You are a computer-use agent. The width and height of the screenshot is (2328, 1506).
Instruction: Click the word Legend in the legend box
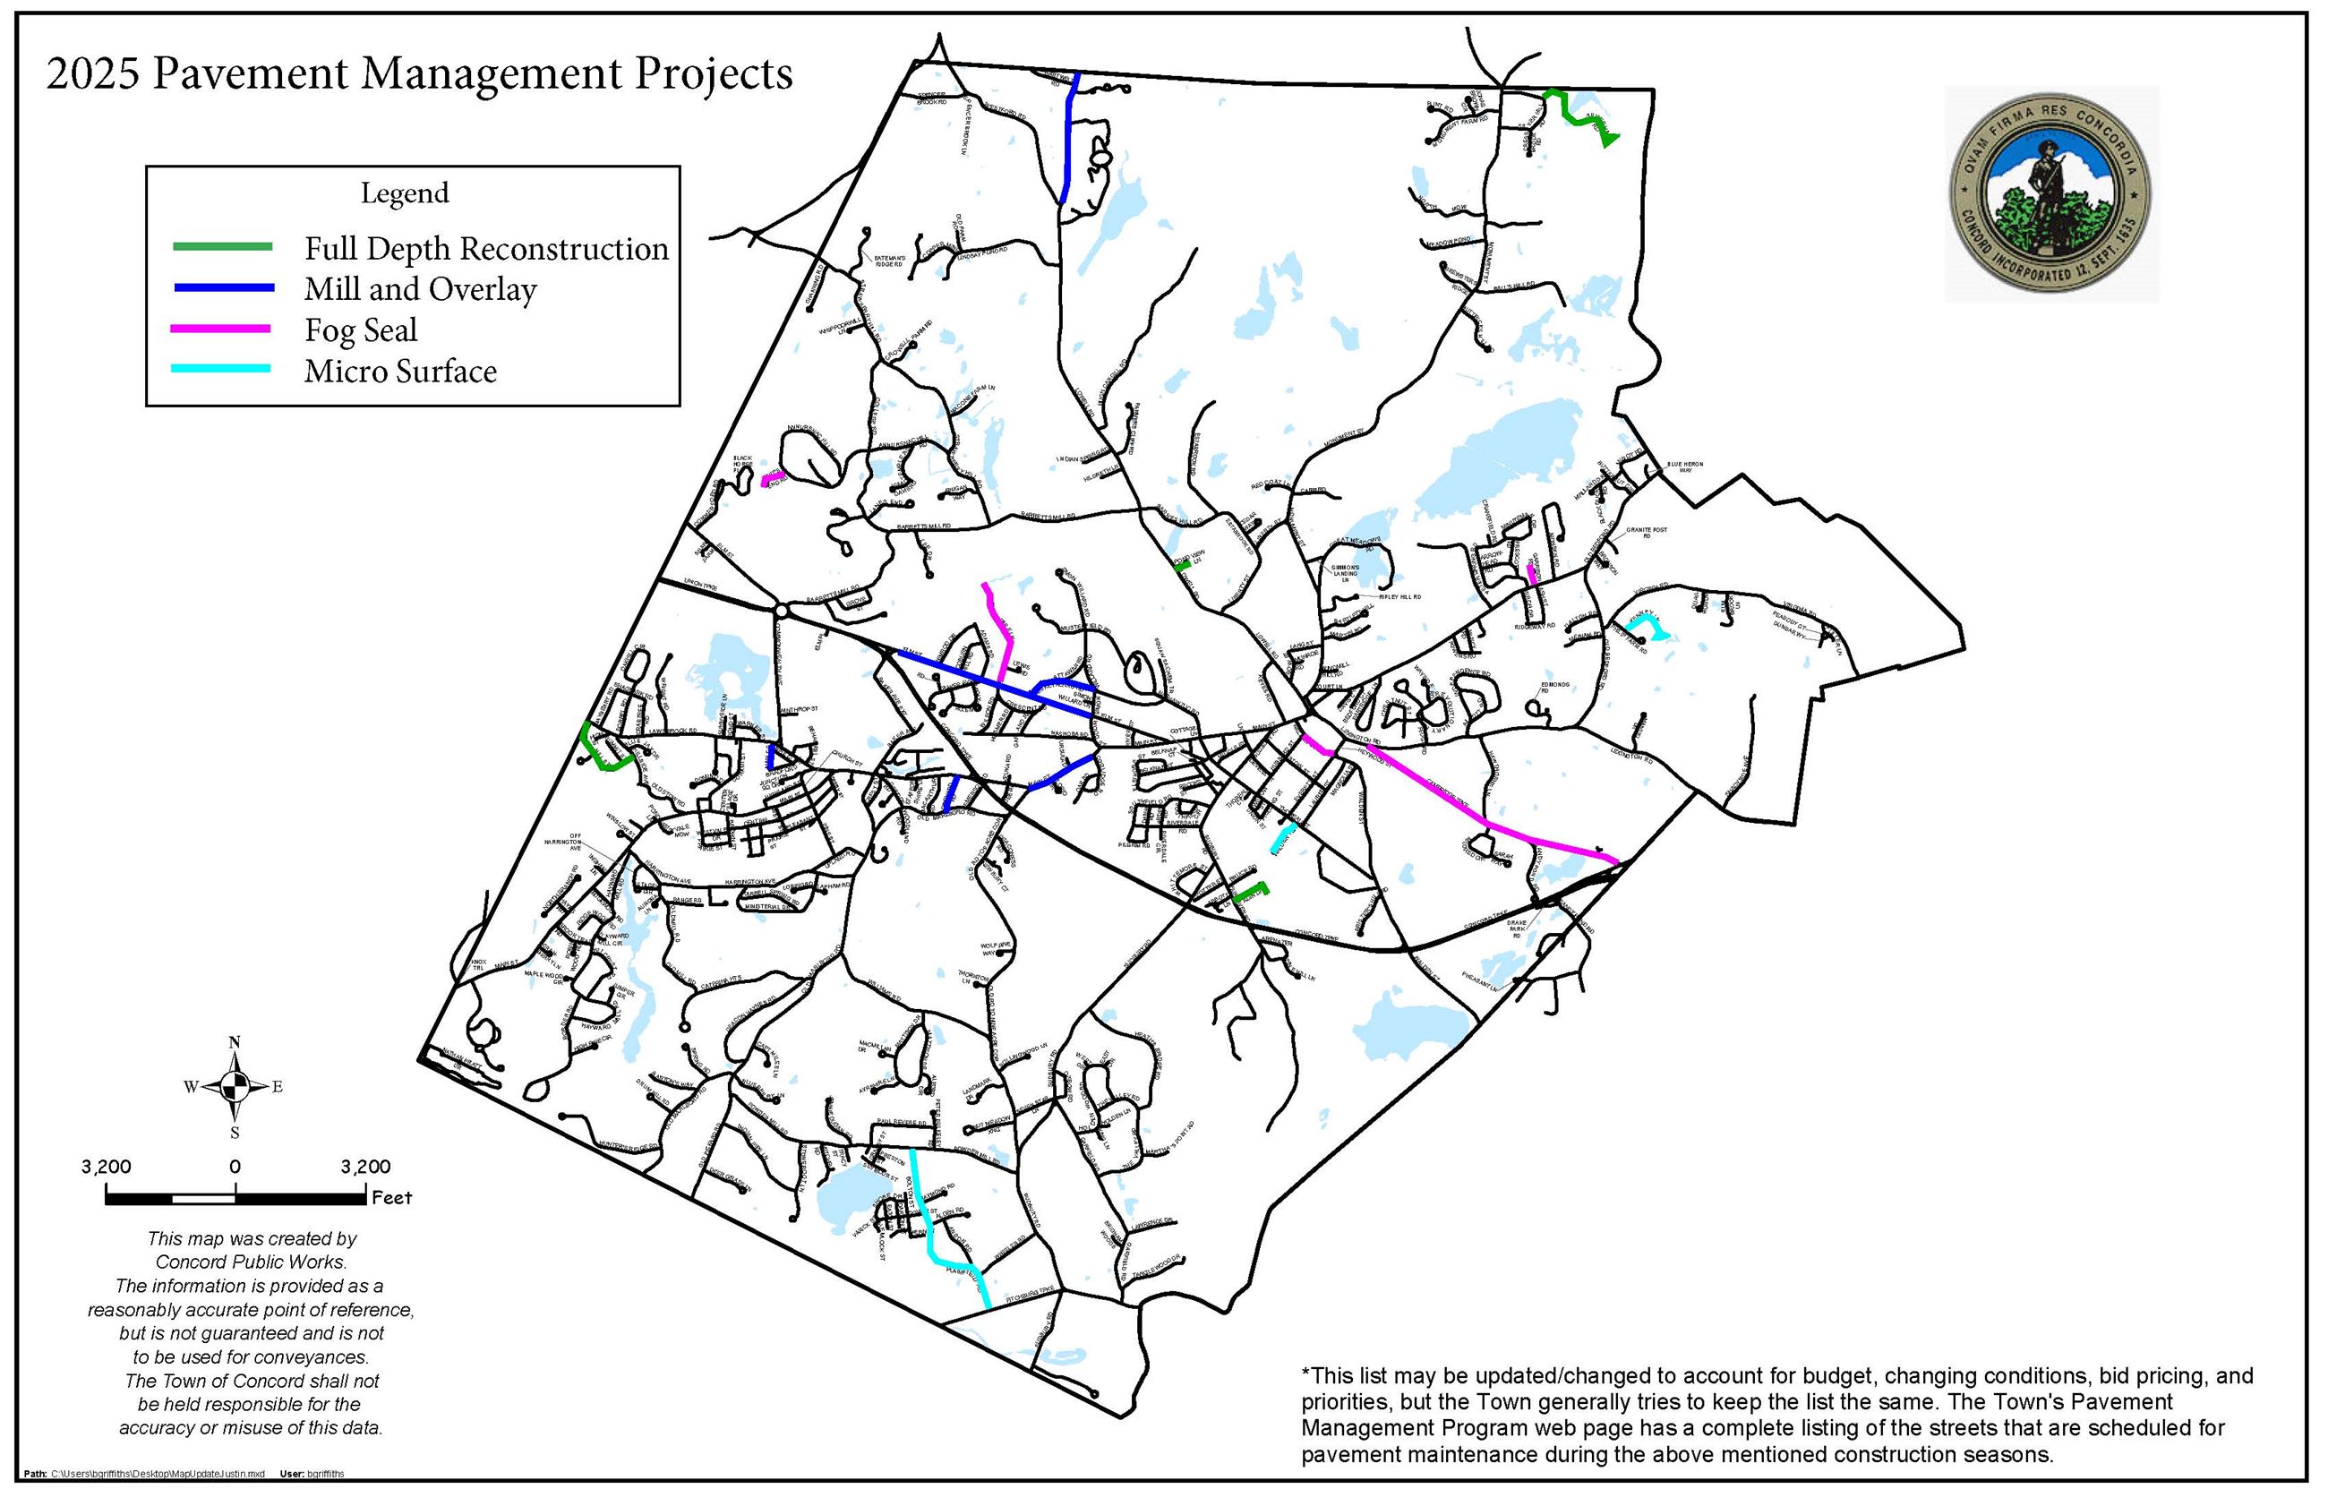point(405,193)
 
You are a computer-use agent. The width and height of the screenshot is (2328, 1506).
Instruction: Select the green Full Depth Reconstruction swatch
point(222,246)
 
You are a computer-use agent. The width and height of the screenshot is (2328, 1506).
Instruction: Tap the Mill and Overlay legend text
point(421,289)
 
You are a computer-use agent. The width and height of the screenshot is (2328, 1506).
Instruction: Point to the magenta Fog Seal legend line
point(222,329)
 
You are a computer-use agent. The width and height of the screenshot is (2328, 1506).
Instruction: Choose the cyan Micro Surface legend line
point(222,370)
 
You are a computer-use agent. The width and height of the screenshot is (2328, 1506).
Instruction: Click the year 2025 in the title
point(93,74)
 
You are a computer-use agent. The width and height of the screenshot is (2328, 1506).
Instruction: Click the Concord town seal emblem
point(2050,193)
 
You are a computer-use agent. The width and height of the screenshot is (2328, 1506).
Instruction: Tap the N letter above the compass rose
point(235,1041)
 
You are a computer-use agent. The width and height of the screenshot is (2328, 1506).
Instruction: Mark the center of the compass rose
point(235,1085)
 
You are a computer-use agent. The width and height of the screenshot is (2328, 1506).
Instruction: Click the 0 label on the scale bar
point(235,1167)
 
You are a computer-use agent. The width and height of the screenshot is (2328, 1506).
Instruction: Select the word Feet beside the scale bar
point(392,1198)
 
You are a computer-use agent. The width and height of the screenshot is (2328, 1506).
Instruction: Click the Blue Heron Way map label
point(1684,467)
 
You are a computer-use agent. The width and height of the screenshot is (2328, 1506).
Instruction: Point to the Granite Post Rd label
point(1646,533)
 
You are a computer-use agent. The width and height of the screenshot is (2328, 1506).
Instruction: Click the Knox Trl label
point(478,965)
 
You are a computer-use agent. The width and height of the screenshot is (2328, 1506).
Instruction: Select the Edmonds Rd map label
point(1554,687)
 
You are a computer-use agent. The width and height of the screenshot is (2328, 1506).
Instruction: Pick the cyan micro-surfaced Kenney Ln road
point(1644,623)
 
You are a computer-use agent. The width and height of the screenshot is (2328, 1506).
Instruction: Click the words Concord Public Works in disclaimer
point(252,1262)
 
